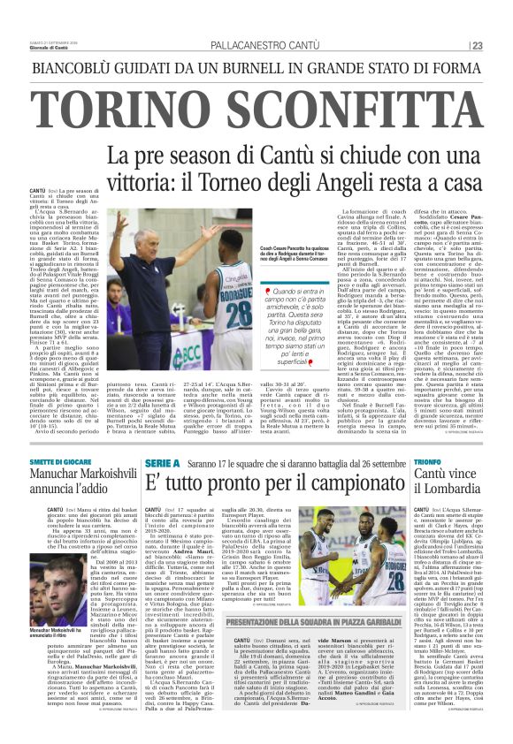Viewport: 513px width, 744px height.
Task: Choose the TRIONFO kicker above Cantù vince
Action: [426, 462]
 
